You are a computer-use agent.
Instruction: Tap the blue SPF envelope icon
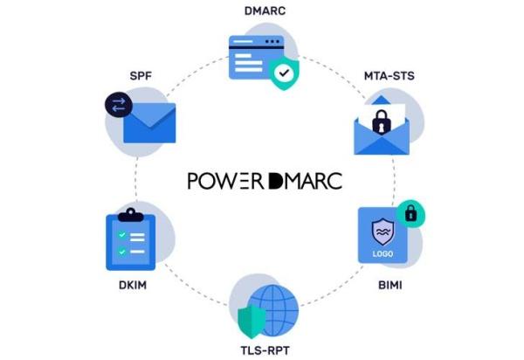pos(149,124)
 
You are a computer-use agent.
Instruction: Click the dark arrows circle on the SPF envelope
pos(116,106)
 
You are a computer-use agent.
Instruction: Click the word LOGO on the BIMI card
pos(382,253)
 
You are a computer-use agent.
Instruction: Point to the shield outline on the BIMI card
pos(382,232)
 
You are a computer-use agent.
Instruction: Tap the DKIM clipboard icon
pos(129,240)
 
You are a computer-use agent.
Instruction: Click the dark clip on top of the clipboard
pos(129,212)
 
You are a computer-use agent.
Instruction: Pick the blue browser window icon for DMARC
pos(255,55)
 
